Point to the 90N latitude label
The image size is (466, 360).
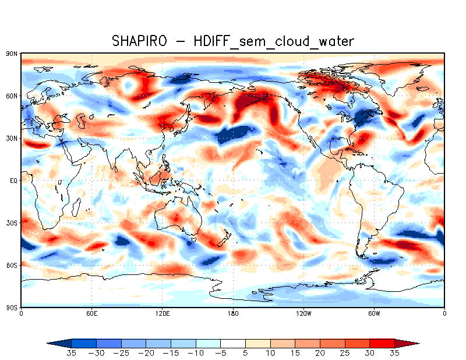(x=11, y=54)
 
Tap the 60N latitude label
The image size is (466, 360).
(x=11, y=96)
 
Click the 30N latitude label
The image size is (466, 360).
(x=11, y=138)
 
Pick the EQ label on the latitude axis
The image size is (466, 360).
(x=13, y=181)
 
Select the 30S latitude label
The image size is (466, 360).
(x=11, y=223)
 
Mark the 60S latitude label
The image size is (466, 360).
(x=11, y=265)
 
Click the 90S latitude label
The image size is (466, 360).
(x=11, y=307)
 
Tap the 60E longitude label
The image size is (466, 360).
(x=91, y=314)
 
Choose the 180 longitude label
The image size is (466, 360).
(x=233, y=314)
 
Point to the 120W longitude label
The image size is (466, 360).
(x=303, y=314)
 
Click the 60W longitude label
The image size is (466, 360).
(x=374, y=314)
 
